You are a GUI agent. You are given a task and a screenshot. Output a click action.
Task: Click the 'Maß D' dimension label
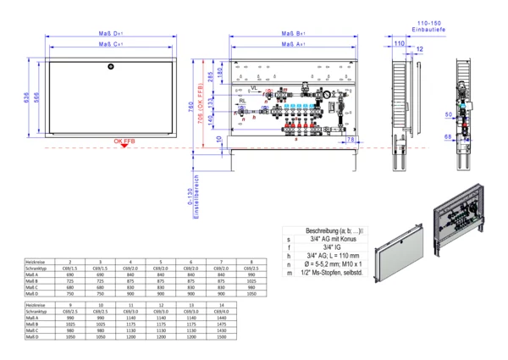pyautogui.click(x=111, y=34)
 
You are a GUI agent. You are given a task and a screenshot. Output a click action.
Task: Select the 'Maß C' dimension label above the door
pyautogui.click(x=111, y=44)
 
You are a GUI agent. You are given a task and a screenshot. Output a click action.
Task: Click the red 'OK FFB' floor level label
pyautogui.click(x=124, y=141)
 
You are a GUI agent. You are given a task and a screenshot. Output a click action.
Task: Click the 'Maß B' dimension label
pyautogui.click(x=292, y=34)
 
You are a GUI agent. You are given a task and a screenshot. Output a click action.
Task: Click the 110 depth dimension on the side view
pyautogui.click(x=399, y=41)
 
